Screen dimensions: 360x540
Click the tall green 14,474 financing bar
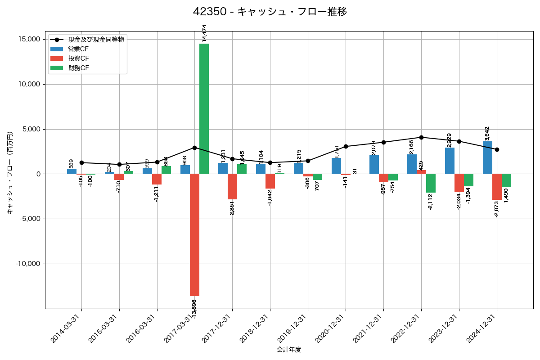coord(204,108)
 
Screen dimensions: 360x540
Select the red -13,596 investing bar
coord(194,234)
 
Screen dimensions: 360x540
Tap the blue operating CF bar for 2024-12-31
coord(487,157)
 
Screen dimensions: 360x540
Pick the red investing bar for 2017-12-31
coord(232,186)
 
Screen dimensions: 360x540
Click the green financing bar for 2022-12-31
coord(431,183)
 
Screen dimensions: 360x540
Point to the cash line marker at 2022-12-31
coord(421,137)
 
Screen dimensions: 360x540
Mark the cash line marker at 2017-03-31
coord(194,148)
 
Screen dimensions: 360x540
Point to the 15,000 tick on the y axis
coord(27,40)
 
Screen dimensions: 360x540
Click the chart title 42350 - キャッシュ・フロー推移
coord(270,12)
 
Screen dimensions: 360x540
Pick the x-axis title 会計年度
coord(289,350)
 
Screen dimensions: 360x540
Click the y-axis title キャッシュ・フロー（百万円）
coord(10,173)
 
